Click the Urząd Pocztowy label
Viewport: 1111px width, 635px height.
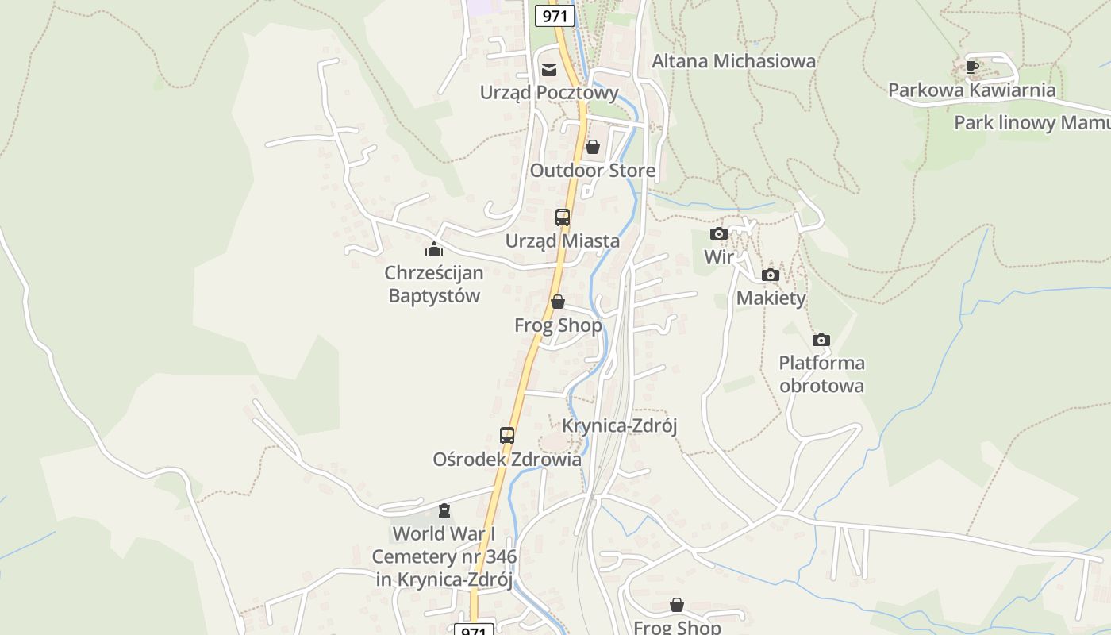[x=549, y=93]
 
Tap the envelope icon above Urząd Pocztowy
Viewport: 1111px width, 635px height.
[x=549, y=70]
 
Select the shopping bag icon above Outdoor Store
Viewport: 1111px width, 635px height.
[x=592, y=147]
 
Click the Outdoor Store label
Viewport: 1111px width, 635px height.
[x=593, y=170]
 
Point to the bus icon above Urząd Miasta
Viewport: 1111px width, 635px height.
[x=562, y=217]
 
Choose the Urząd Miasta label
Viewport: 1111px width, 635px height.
[x=563, y=240]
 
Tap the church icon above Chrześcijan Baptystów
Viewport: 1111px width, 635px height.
[x=433, y=249]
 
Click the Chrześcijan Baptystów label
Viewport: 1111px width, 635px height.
[x=434, y=284]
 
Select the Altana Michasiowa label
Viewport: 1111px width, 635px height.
[x=733, y=61]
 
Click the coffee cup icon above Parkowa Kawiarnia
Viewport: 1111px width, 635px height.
[x=971, y=67]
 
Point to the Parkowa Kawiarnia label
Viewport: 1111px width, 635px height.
[x=971, y=90]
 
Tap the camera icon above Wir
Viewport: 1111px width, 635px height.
[x=719, y=233]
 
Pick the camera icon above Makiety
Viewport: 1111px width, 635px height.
[x=770, y=275]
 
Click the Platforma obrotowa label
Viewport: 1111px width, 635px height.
[x=821, y=374]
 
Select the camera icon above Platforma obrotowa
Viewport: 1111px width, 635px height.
[x=821, y=341]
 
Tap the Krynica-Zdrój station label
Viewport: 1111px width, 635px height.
[x=619, y=425]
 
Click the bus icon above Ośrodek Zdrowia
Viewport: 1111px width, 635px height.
[x=507, y=435]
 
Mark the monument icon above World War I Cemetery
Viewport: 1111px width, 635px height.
[x=444, y=510]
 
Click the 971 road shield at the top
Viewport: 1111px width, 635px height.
[x=554, y=15]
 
